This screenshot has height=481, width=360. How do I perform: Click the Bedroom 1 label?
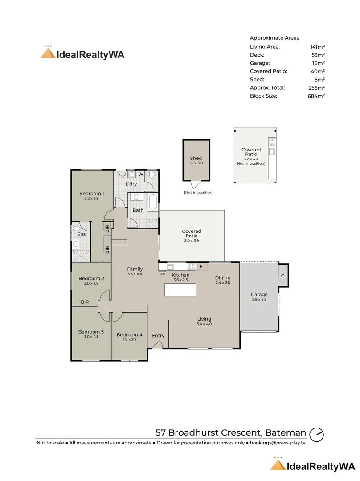click(x=91, y=194)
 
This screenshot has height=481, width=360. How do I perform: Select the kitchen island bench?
click(x=180, y=290)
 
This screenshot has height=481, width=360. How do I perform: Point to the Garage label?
click(x=259, y=294)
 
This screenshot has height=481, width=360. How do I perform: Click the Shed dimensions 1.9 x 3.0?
click(x=196, y=163)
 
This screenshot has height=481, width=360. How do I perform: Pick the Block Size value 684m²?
click(x=316, y=96)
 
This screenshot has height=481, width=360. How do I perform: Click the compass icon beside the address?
click(x=316, y=434)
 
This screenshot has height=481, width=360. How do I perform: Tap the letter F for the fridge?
click(x=201, y=267)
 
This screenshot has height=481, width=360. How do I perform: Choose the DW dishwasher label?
click(x=162, y=273)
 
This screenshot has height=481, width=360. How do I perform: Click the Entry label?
click(x=158, y=336)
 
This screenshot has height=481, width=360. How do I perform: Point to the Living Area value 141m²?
click(x=317, y=47)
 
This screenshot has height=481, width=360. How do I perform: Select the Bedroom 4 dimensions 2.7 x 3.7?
click(x=129, y=339)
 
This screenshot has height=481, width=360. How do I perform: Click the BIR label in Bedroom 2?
click(x=85, y=302)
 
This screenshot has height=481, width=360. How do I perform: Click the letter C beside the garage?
click(x=282, y=276)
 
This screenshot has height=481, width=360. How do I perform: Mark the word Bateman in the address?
click(x=286, y=432)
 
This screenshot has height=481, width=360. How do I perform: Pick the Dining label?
click(x=222, y=278)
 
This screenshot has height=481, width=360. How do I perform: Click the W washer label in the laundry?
click(x=140, y=174)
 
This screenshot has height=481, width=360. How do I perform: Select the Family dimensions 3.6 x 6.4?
click(x=135, y=274)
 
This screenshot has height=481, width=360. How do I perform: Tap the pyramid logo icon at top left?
click(x=48, y=53)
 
